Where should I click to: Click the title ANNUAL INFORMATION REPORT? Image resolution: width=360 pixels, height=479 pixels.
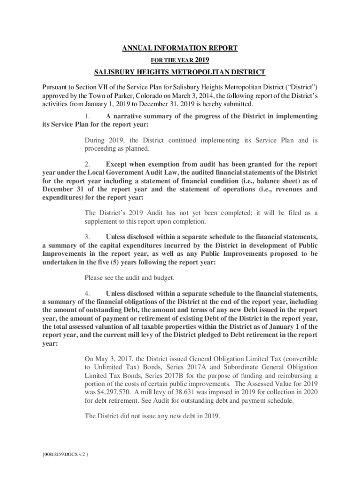[180, 48]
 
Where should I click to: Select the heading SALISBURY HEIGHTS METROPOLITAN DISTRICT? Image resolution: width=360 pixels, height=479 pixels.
[180, 72]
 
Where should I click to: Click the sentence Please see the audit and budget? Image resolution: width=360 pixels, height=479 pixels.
[130, 278]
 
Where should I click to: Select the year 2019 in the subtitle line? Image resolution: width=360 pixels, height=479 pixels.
[202, 60]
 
